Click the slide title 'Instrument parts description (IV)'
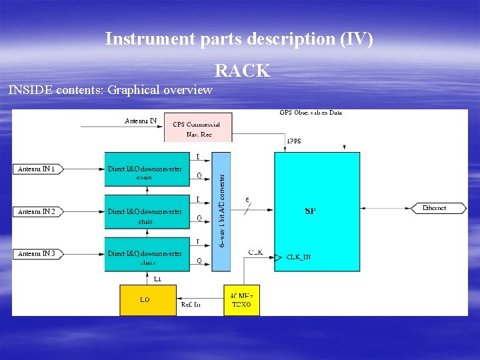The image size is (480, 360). (239, 39)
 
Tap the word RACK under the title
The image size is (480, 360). (242, 71)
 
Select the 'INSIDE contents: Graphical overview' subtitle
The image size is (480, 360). (111, 90)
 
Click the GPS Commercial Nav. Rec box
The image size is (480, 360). (197, 129)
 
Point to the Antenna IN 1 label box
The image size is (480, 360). (37, 169)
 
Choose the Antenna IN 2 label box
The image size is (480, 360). (37, 211)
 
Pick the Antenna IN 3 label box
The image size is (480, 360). (37, 253)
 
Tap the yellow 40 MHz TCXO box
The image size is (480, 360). (241, 300)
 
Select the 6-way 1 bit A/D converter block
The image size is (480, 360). (221, 211)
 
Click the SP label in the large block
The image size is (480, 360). (310, 211)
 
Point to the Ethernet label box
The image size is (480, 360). (434, 208)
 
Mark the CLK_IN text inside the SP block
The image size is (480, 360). (299, 257)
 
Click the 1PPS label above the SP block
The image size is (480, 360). (293, 141)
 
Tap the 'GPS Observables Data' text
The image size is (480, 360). (311, 113)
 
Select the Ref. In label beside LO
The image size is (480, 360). (191, 305)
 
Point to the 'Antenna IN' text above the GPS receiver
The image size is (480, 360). (141, 121)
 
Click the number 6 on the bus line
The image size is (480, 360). (248, 199)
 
